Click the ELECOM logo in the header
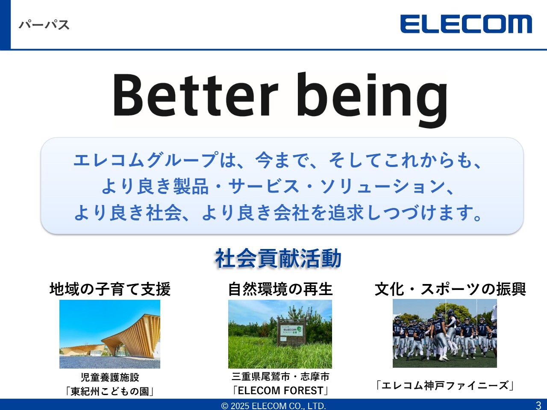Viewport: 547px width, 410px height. [466, 24]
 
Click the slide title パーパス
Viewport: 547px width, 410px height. [44, 25]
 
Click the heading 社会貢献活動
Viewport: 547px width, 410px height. [278, 258]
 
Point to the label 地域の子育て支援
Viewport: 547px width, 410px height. [110, 289]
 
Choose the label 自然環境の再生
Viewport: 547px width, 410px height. [280, 289]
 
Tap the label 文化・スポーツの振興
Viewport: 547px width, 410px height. [450, 289]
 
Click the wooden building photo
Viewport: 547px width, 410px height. [110, 334]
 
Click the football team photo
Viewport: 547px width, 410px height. [444, 333]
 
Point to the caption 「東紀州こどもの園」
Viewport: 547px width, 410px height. [110, 391]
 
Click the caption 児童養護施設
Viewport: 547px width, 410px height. [110, 378]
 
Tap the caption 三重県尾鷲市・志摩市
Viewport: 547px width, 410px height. [281, 377]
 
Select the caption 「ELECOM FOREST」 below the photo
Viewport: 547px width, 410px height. [281, 390]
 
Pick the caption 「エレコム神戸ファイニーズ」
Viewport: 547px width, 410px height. [444, 386]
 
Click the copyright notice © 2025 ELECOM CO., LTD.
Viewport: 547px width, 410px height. [273, 406]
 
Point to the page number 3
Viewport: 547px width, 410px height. [538, 405]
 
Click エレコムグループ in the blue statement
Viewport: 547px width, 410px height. [146, 160]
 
